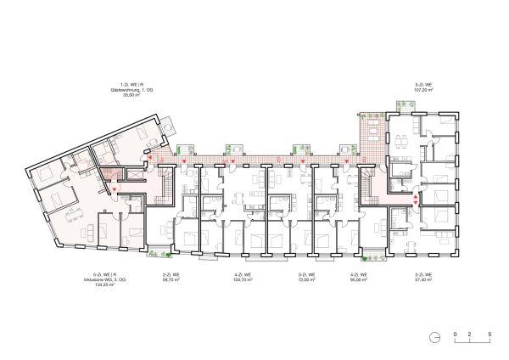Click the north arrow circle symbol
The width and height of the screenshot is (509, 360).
(x=434, y=335)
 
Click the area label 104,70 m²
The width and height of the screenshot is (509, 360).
(x=244, y=279)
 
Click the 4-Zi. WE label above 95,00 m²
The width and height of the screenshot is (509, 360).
(x=359, y=274)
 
